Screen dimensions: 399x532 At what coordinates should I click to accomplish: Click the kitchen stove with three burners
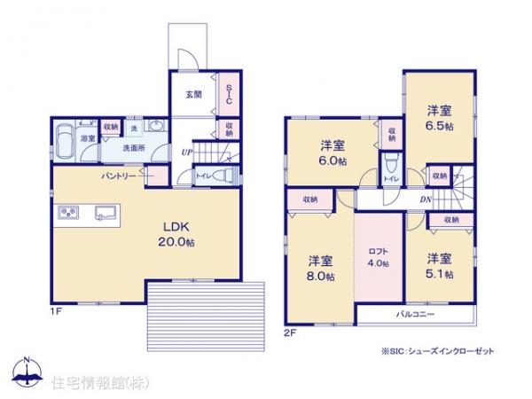click(69, 212)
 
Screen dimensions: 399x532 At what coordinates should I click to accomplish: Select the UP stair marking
click(186, 153)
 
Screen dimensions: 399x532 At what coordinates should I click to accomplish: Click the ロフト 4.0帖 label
click(379, 255)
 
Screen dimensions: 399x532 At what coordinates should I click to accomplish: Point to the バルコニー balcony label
click(409, 315)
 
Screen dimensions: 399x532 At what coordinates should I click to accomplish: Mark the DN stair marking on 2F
click(426, 201)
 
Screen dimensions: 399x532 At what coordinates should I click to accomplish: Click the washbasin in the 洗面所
click(156, 128)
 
